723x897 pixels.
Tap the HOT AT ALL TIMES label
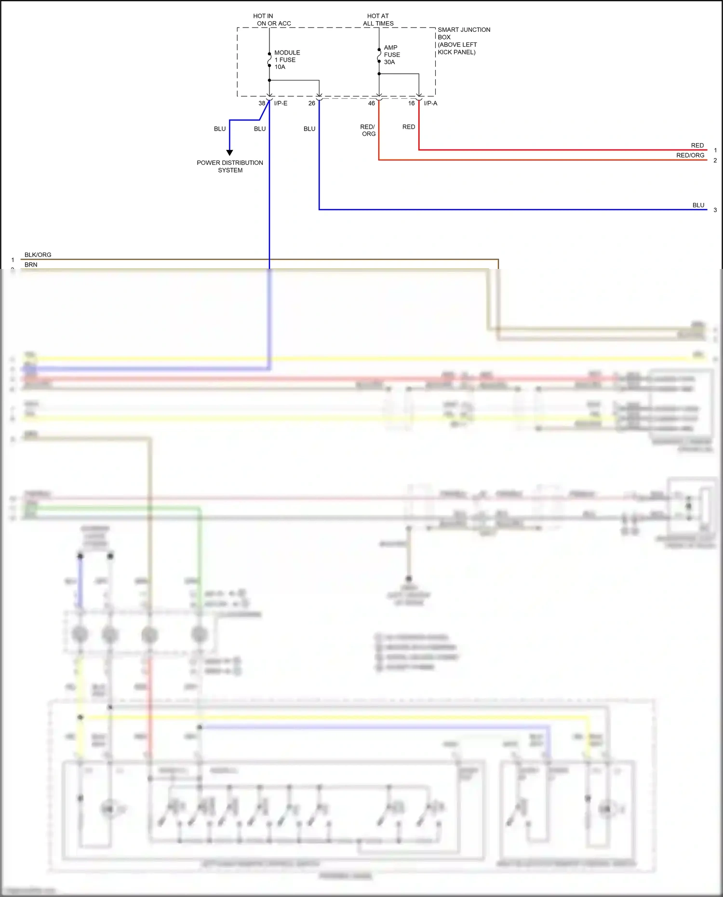378,20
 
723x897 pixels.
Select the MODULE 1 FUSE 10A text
287,60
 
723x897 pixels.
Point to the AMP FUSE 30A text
391,55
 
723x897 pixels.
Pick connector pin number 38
262,103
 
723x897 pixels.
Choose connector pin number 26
311,103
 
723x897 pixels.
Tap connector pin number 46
371,103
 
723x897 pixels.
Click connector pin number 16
411,103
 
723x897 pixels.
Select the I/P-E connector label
281,103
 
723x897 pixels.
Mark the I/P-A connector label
430,103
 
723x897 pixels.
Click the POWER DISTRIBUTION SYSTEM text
230,166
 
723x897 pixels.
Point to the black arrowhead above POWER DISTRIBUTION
229,152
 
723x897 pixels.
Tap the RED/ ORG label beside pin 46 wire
368,130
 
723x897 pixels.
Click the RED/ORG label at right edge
690,155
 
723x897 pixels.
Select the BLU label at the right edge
698,205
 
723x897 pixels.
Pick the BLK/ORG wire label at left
38,254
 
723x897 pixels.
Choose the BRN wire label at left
31,265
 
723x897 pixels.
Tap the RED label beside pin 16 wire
408,127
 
